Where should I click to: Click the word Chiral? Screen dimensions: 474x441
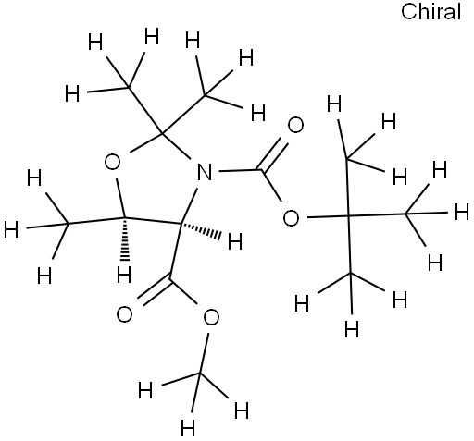click(430, 12)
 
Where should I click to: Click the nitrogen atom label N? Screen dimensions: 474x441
click(205, 172)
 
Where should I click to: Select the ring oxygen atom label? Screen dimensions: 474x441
click(112, 162)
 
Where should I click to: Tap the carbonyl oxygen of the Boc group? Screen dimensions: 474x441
click(295, 125)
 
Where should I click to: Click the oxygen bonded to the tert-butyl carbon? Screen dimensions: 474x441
click(291, 218)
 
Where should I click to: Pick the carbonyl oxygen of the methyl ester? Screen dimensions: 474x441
click(124, 314)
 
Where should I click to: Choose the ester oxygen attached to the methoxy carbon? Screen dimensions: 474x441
click(211, 317)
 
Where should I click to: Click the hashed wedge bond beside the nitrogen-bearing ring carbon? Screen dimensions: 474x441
click(201, 228)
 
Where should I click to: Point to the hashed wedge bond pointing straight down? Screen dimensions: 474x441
click(124, 239)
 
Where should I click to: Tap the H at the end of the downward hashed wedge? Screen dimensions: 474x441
click(124, 275)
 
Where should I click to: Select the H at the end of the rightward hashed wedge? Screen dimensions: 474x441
click(235, 241)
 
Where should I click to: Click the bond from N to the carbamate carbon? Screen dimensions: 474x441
click(239, 170)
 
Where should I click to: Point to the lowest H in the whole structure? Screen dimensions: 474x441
click(188, 428)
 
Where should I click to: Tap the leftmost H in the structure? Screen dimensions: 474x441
click(11, 230)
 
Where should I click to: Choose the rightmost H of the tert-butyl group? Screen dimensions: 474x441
click(462, 213)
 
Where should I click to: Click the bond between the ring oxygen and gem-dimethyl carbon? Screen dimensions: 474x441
click(145, 142)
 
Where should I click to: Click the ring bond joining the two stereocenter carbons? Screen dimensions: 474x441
click(154, 220)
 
